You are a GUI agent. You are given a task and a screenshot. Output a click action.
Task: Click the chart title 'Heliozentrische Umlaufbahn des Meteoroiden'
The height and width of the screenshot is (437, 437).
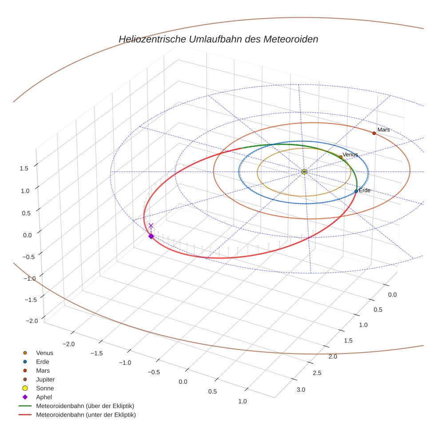(x=218, y=39)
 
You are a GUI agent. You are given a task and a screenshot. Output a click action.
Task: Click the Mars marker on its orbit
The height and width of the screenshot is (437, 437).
(x=374, y=133)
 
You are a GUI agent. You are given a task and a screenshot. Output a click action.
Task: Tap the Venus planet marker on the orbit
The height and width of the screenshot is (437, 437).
(x=341, y=157)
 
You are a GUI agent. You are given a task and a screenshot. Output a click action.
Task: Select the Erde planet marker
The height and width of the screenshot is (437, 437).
(x=356, y=191)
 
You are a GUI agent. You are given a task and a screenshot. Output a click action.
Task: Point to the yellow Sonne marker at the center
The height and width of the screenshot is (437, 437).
(x=304, y=171)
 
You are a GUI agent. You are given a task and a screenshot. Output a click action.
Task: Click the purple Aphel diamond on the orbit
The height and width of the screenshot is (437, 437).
(x=151, y=236)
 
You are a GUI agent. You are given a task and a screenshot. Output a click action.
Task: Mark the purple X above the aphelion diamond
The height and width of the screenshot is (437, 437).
(x=151, y=226)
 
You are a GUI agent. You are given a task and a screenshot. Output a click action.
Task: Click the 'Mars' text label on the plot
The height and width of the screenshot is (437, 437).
(x=383, y=130)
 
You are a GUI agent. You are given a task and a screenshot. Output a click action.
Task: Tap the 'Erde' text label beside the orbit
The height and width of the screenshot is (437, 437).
(x=365, y=191)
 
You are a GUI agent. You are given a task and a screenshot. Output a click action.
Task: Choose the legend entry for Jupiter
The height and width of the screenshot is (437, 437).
(x=45, y=379)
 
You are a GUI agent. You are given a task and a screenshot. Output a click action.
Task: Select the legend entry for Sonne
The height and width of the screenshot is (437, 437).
(x=45, y=388)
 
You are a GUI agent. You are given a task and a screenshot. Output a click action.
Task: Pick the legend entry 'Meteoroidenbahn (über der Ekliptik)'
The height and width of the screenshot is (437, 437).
(x=85, y=406)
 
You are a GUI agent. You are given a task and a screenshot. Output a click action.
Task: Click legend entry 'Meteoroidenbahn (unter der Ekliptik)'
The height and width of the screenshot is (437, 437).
(x=86, y=415)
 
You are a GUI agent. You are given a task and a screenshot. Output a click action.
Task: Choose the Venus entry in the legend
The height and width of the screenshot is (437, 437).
(x=44, y=353)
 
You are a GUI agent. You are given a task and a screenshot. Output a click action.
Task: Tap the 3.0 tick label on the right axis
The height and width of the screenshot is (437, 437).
(x=301, y=390)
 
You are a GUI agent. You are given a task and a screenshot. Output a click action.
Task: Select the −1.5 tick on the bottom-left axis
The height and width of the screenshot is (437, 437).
(x=96, y=353)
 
